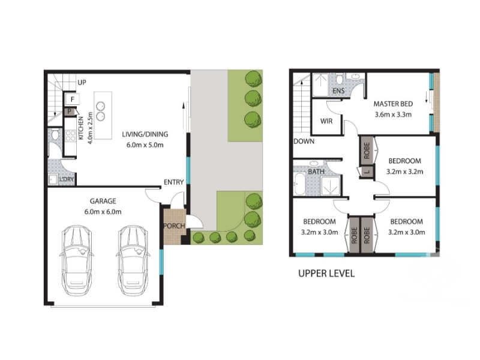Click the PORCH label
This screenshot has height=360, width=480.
[174, 226]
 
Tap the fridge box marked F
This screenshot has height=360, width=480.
[73, 99]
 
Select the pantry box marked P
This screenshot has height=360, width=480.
[70, 112]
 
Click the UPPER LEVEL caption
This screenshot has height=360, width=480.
[326, 274]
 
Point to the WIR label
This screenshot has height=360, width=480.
[326, 121]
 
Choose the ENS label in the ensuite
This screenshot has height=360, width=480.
[338, 91]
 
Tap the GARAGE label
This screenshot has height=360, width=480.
[103, 201]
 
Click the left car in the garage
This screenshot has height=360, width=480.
[76, 261]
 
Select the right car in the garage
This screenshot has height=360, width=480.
[133, 261]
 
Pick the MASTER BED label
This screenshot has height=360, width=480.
[393, 104]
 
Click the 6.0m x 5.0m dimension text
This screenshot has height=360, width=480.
[145, 145]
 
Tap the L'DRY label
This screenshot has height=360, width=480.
[67, 179]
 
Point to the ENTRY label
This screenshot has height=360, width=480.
[173, 182]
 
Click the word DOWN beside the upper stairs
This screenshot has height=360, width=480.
[304, 142]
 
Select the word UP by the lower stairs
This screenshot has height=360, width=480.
[82, 82]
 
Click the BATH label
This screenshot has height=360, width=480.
[316, 172]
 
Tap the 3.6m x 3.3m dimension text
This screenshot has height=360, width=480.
[393, 115]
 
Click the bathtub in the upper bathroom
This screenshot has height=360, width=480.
[299, 184]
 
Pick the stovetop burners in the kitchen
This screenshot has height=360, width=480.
[70, 136]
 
